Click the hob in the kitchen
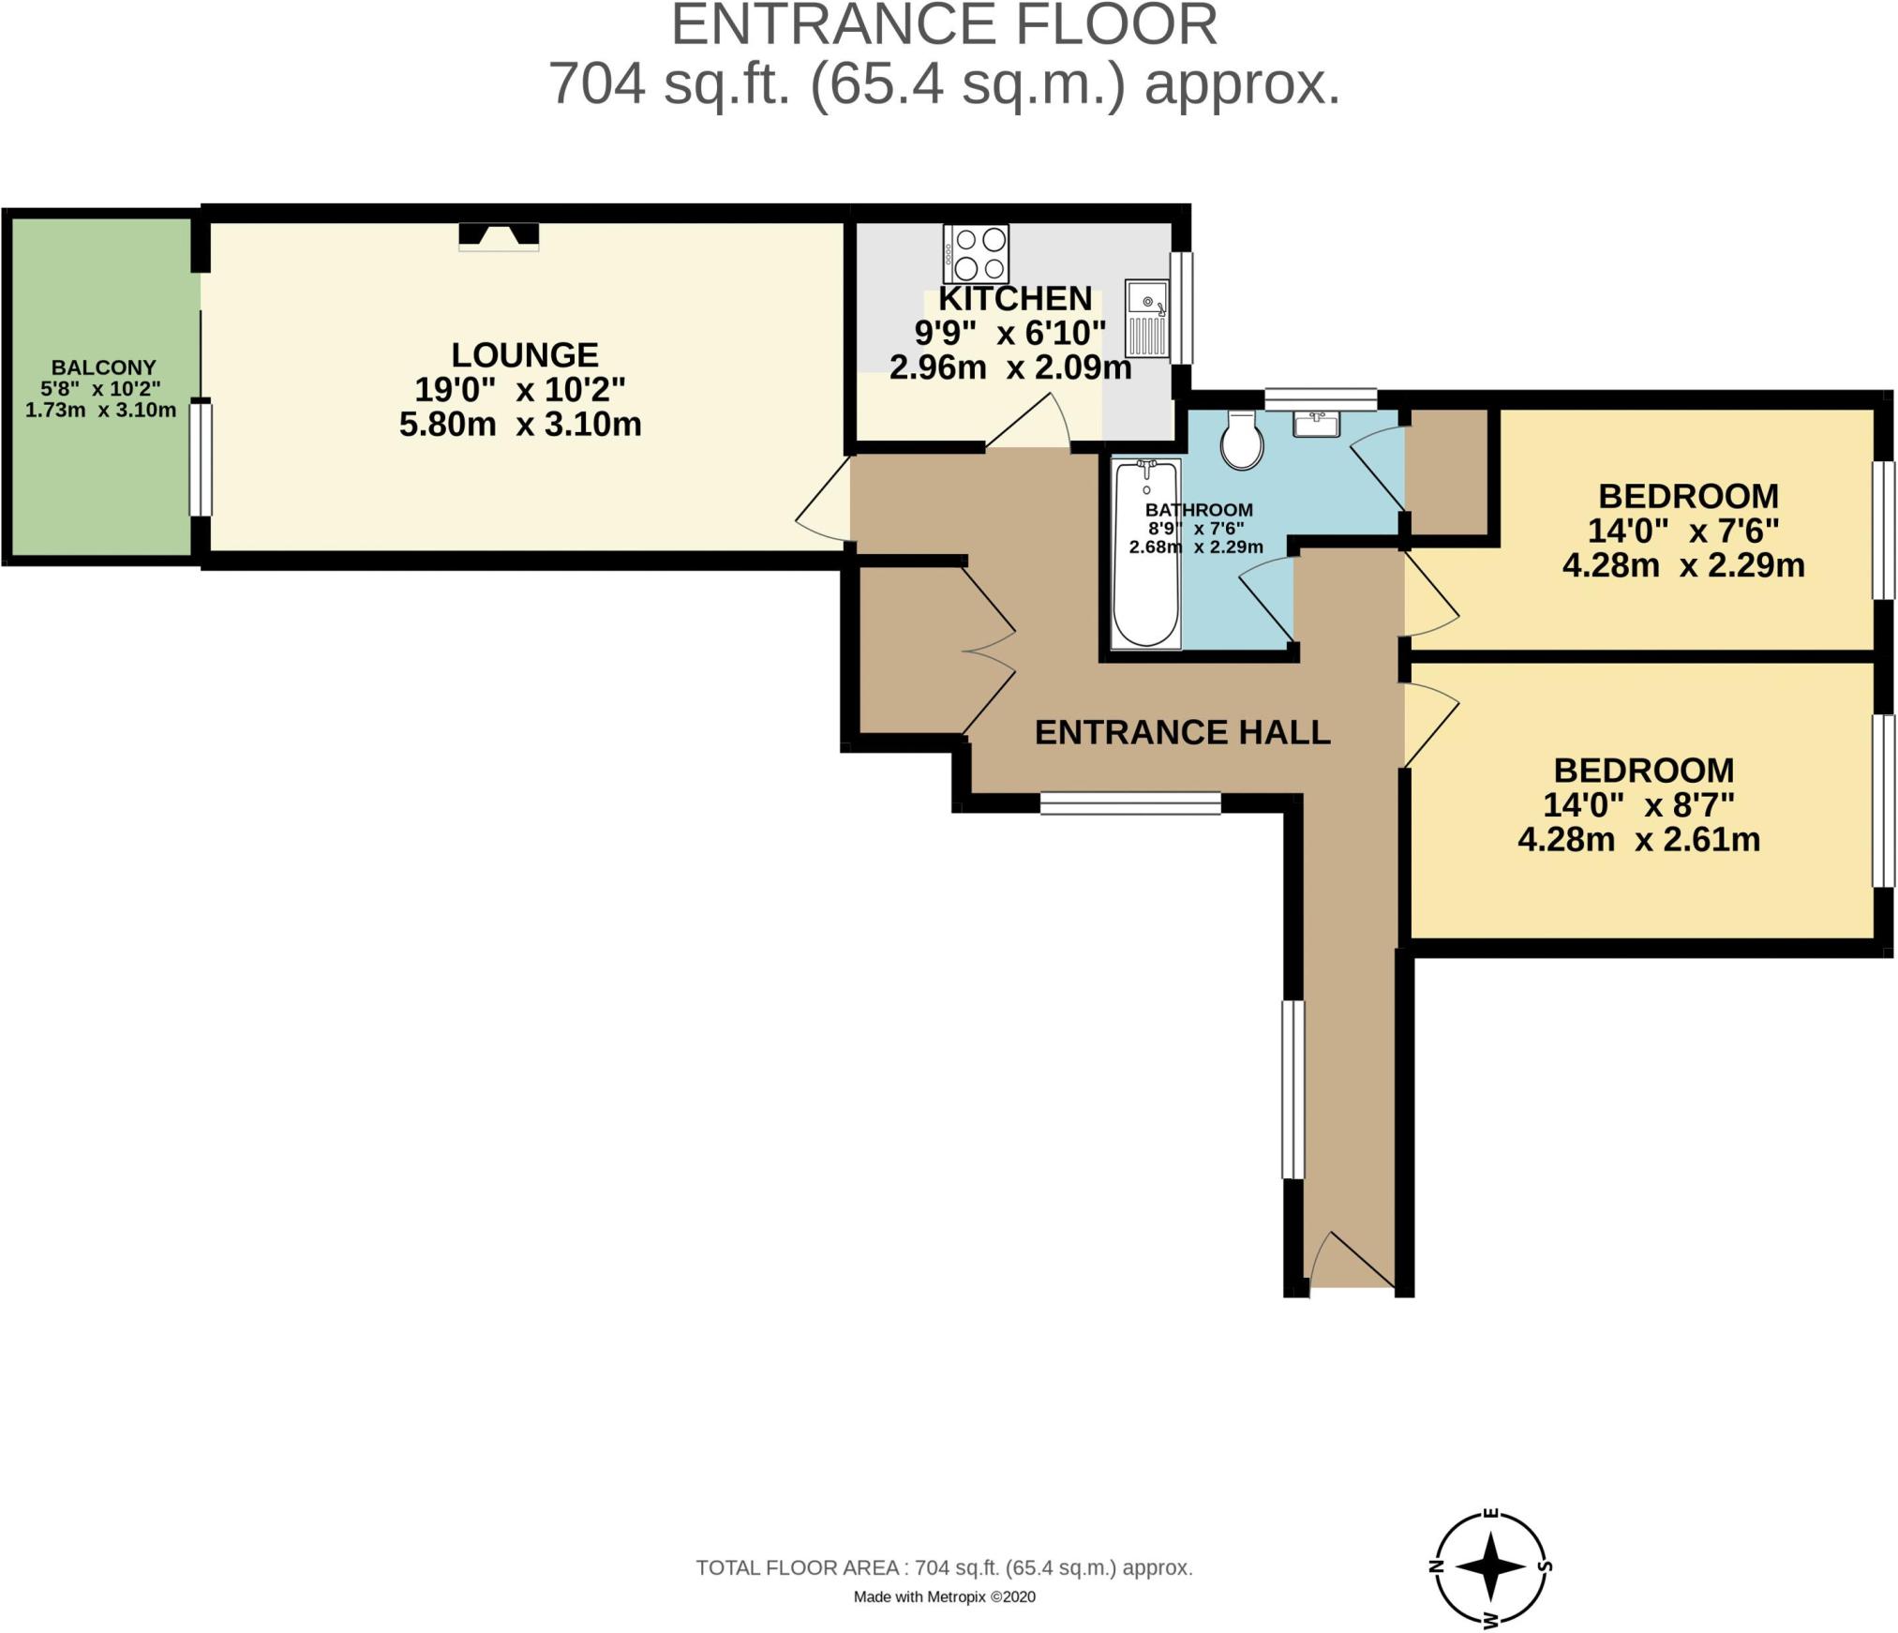[976, 253]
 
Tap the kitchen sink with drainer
[1147, 319]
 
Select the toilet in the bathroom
[1242, 440]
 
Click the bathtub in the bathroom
[1145, 553]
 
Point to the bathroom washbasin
[1317, 424]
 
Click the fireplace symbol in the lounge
[499, 236]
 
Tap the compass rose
[1491, 1565]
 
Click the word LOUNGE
[525, 354]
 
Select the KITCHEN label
[1015, 298]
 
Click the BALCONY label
[103, 367]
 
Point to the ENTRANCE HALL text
[1182, 732]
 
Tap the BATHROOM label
[1199, 510]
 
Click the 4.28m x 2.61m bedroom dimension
[1638, 839]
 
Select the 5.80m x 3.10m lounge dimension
[520, 424]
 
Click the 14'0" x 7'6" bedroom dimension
[1683, 531]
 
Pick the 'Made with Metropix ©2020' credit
[944, 1596]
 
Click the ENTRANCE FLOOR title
[944, 24]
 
